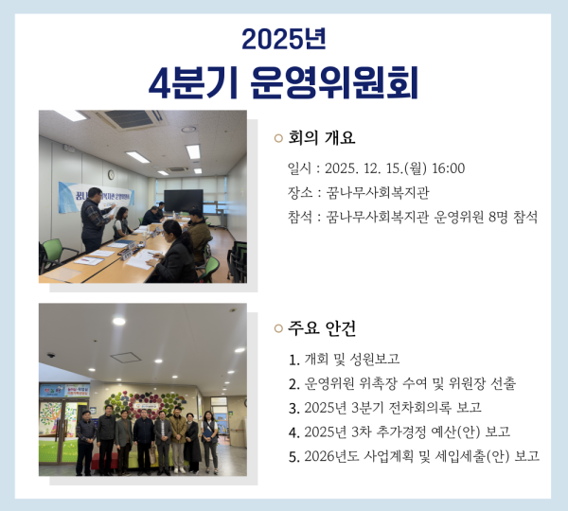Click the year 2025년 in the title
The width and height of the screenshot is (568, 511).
[x=284, y=39]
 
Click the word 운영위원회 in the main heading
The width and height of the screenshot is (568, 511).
[x=335, y=82]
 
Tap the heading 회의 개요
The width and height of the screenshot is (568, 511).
[x=322, y=138]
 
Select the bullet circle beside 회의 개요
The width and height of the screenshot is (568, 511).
[x=278, y=139]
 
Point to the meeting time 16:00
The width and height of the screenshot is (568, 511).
[x=448, y=169]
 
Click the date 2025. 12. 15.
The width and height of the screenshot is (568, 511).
[x=364, y=169]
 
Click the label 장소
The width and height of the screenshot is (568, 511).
[x=300, y=193]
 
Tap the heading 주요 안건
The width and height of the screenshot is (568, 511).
[x=322, y=328]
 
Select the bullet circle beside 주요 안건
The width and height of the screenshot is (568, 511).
[x=278, y=329]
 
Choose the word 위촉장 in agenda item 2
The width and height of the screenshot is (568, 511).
[x=380, y=383]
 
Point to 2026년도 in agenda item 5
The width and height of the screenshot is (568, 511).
[x=333, y=456]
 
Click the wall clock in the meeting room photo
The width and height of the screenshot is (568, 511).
[x=111, y=175]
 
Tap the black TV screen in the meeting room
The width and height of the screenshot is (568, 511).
[x=183, y=200]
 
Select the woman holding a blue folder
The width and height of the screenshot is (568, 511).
[x=208, y=433]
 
